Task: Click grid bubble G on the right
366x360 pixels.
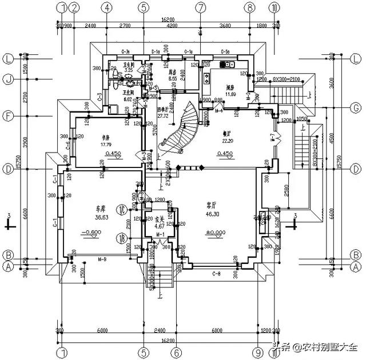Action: coord(356,107)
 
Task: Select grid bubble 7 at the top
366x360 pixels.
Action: coord(200,7)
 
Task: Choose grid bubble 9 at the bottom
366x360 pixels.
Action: coord(258,353)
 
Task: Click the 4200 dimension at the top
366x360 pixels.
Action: coord(172,26)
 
